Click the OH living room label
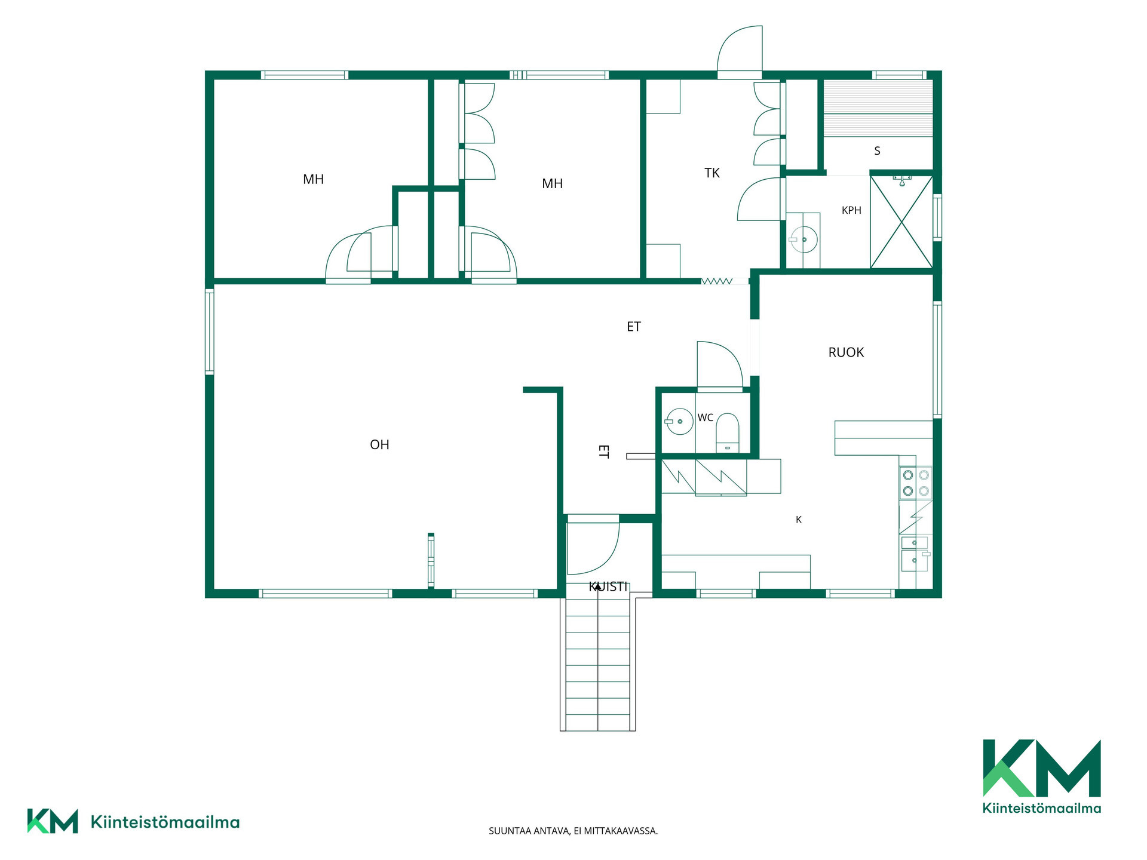coord(379,444)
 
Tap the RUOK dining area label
coord(846,352)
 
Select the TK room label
coord(712,173)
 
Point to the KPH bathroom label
coord(851,210)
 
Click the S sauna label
coord(877,150)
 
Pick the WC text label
coord(706,417)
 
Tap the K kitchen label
coord(799,520)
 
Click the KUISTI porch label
coord(608,586)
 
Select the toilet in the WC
coord(727,432)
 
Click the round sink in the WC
coord(679,421)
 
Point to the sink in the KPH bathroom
coord(803,239)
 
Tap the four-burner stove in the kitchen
coord(916,483)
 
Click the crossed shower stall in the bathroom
coord(901,222)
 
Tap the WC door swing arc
coord(720,364)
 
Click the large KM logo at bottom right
coord(1042,776)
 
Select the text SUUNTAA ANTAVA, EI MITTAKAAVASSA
coord(573,831)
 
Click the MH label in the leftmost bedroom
coord(313,179)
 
